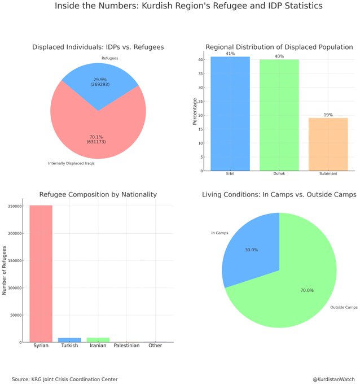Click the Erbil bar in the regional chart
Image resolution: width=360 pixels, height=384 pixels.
pyautogui.click(x=230, y=113)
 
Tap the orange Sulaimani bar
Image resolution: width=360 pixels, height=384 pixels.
pyautogui.click(x=328, y=144)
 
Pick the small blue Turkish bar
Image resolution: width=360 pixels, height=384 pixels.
pyautogui.click(x=69, y=340)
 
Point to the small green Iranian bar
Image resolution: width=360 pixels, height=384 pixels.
pyautogui.click(x=98, y=340)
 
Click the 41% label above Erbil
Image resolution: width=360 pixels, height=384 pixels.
pyautogui.click(x=230, y=53)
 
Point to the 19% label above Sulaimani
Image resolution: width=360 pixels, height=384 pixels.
pyautogui.click(x=328, y=115)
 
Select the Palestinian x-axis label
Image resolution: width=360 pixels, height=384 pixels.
pyautogui.click(x=126, y=346)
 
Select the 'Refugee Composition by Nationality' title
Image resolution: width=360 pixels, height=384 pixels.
pyautogui.click(x=98, y=194)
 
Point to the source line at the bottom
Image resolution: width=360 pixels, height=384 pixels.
pyautogui.click(x=65, y=379)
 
